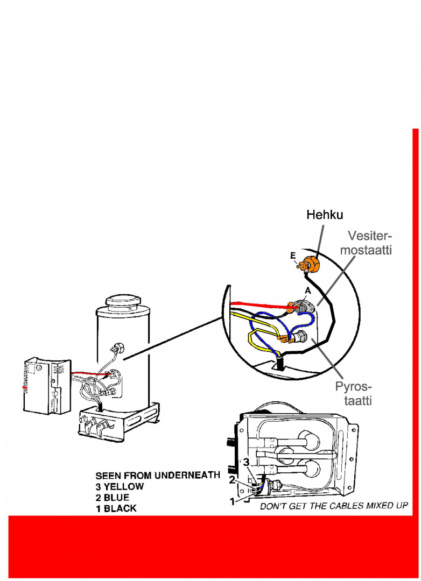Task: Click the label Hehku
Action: pos(325,215)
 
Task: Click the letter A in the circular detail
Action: pos(307,290)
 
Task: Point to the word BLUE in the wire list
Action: pos(118,497)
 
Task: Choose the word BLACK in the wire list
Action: pos(120,508)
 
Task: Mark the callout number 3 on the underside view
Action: pos(245,462)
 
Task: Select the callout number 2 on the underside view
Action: pos(232,479)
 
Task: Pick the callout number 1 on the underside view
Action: pos(233,502)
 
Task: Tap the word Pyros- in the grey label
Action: pos(353,387)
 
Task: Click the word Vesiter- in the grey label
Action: pos(370,236)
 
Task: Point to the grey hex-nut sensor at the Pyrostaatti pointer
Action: pos(300,338)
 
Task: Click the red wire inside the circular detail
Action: pos(258,305)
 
